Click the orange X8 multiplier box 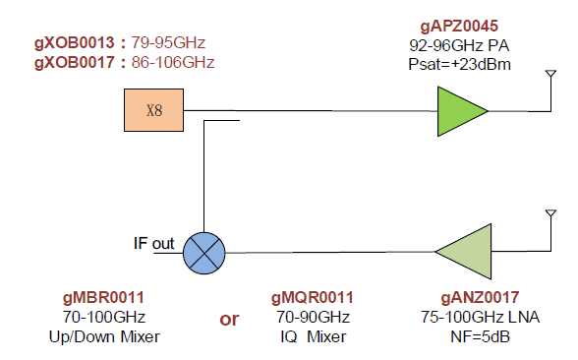[x=153, y=110]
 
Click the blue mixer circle [x=204, y=253]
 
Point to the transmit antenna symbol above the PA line [x=550, y=74]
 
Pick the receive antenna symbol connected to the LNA [x=550, y=213]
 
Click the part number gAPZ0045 [x=459, y=27]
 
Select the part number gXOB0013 [x=75, y=43]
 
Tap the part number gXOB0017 [x=75, y=62]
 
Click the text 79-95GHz [x=168, y=43]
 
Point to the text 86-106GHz [x=173, y=62]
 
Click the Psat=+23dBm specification [x=459, y=65]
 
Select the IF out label [x=153, y=244]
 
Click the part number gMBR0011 [x=103, y=298]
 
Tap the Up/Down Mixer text [x=104, y=336]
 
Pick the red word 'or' [x=229, y=320]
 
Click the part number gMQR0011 [x=313, y=298]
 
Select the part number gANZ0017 [x=480, y=298]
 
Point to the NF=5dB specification [x=480, y=336]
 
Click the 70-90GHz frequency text [x=313, y=317]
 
